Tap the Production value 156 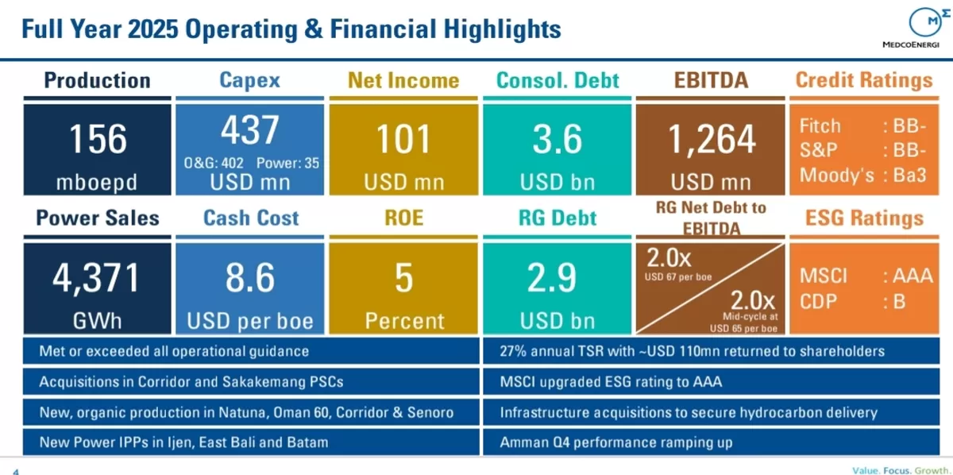tap(98, 139)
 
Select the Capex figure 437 tap(249, 129)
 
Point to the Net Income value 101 tap(403, 139)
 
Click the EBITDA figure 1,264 tap(711, 140)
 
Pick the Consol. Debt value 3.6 tap(557, 139)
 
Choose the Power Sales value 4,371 tap(97, 278)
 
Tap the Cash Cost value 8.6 tap(249, 277)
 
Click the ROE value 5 tap(403, 277)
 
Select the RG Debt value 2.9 tap(551, 277)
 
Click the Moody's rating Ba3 tap(909, 176)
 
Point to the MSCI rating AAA tap(912, 276)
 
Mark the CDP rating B tap(899, 302)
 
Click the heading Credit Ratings tap(864, 80)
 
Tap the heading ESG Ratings tap(864, 218)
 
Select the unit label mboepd tap(97, 183)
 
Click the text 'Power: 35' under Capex tap(287, 163)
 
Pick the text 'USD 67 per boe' tap(678, 277)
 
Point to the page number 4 tap(16, 471)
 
